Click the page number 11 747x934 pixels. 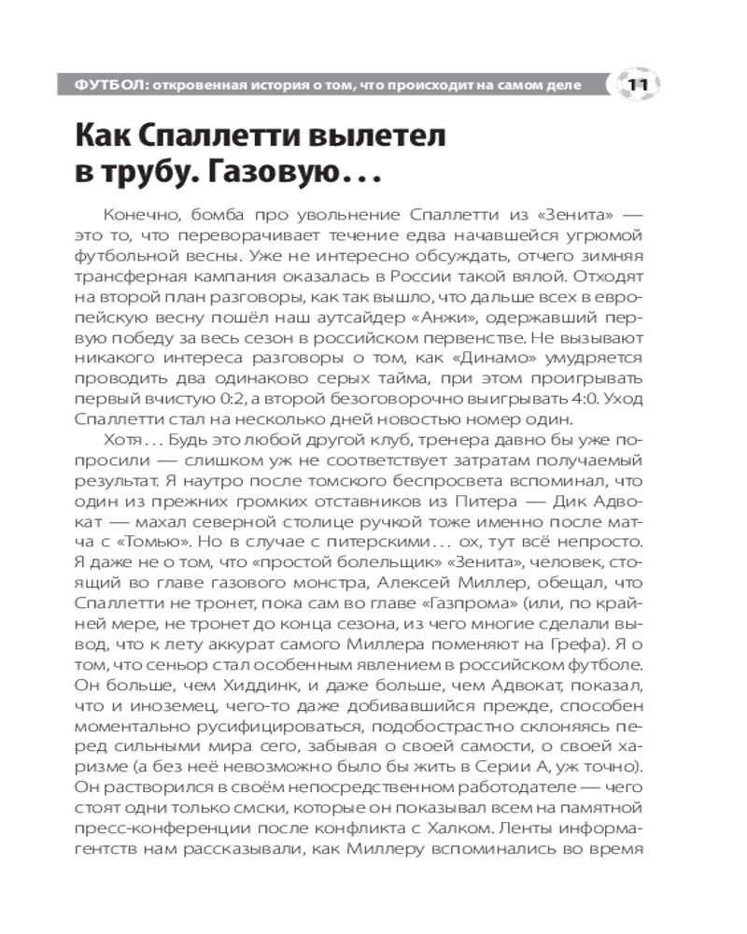(639, 86)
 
